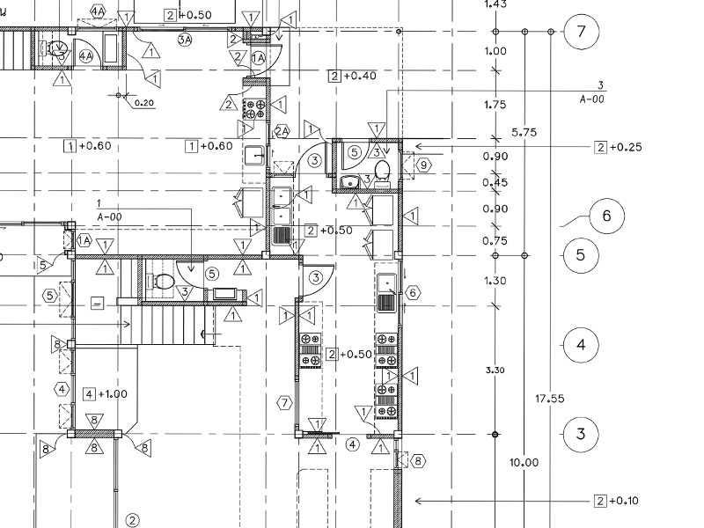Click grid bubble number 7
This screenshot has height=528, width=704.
click(580, 33)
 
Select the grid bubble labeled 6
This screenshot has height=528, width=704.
click(606, 216)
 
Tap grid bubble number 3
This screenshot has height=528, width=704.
click(580, 434)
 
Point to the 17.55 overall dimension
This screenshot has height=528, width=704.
click(550, 399)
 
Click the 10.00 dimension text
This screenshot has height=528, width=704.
click(525, 463)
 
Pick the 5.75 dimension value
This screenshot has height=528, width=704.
click(525, 133)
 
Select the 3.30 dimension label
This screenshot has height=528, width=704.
click(495, 370)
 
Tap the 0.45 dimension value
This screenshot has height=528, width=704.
click(495, 183)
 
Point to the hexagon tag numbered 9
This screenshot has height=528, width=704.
click(423, 164)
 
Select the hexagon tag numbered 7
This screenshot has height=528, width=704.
click(283, 403)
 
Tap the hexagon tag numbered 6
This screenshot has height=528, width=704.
click(413, 293)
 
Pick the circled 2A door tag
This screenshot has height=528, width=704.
click(282, 131)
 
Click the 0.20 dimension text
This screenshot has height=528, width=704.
click(144, 104)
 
